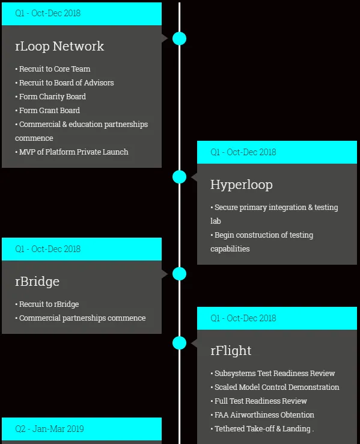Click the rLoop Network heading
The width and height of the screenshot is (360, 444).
pyautogui.click(x=59, y=46)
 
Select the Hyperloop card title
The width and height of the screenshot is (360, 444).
pyautogui.click(x=242, y=185)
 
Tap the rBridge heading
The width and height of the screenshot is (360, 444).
pyautogui.click(x=37, y=282)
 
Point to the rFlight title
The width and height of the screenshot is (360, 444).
pyautogui.click(x=231, y=351)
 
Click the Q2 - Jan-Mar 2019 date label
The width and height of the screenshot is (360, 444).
pyautogui.click(x=49, y=429)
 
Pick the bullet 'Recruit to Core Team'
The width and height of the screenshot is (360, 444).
pyautogui.click(x=53, y=69)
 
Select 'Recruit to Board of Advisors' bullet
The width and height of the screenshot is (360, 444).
pyautogui.click(x=64, y=82)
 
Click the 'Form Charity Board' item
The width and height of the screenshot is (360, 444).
pyautogui.click(x=50, y=96)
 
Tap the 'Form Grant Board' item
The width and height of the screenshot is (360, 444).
pyautogui.click(x=47, y=111)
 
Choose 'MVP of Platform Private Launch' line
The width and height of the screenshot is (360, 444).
pyautogui.click(x=72, y=152)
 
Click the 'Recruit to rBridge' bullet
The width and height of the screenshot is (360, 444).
pyautogui.click(x=47, y=304)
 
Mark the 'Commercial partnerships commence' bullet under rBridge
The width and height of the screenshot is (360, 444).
pyautogui.click(x=81, y=318)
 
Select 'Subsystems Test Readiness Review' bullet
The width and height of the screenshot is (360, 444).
pyautogui.click(x=273, y=373)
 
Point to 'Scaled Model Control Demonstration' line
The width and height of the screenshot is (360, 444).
pyautogui.click(x=275, y=387)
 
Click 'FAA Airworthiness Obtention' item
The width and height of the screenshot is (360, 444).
pyautogui.click(x=263, y=415)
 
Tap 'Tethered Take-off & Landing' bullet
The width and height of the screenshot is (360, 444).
pyautogui.click(x=262, y=429)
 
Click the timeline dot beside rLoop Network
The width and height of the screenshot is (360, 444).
pyautogui.click(x=179, y=39)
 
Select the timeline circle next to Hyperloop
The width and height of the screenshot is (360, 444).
pyautogui.click(x=179, y=177)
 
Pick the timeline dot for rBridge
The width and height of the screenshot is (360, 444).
pyautogui.click(x=179, y=274)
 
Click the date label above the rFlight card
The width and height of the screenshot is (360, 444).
pyautogui.click(x=243, y=318)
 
